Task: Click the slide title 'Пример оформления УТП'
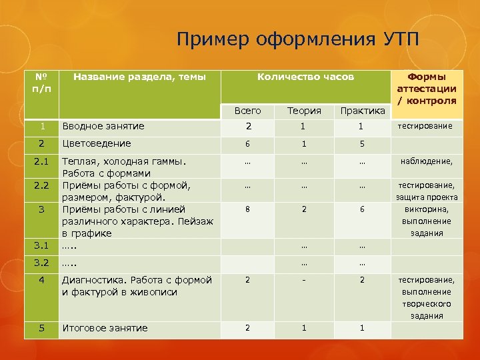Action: (x=299, y=39)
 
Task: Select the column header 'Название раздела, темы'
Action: (x=139, y=77)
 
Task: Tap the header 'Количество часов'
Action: (x=305, y=77)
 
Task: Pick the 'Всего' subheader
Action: (x=247, y=111)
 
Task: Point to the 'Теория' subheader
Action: (x=304, y=111)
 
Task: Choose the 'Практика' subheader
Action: (x=362, y=111)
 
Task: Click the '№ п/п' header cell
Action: (x=41, y=83)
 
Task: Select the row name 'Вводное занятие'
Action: (x=103, y=126)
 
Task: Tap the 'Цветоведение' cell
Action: (x=96, y=143)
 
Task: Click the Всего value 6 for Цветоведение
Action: (x=247, y=144)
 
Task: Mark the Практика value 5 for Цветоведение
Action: (x=362, y=144)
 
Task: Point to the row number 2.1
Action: (x=41, y=161)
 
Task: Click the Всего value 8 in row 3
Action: (x=247, y=209)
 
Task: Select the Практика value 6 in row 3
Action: (x=362, y=209)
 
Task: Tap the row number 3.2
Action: (x=41, y=263)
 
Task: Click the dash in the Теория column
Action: (x=304, y=280)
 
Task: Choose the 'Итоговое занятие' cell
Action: (x=105, y=328)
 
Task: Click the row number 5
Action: (x=41, y=328)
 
